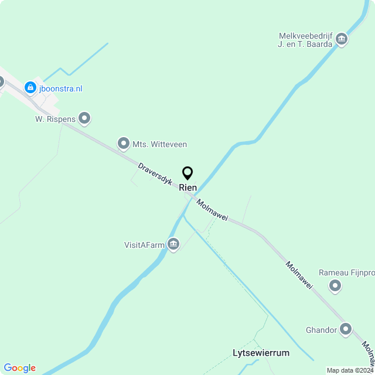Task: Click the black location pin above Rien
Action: (187, 173)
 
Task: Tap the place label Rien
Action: (187, 187)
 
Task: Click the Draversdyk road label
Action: (155, 175)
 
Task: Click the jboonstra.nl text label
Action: (60, 88)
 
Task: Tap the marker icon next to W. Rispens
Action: (85, 118)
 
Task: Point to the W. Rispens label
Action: (55, 119)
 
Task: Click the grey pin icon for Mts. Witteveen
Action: (123, 143)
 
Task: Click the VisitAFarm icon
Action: (173, 244)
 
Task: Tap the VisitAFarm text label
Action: (144, 245)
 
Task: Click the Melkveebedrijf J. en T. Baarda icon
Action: (342, 40)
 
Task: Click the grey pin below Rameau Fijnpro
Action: (335, 286)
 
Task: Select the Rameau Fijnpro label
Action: (346, 272)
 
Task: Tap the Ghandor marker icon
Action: (346, 329)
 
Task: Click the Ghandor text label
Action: (321, 330)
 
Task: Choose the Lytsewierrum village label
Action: (261, 353)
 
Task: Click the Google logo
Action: (19, 367)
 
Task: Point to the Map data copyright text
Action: (350, 370)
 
